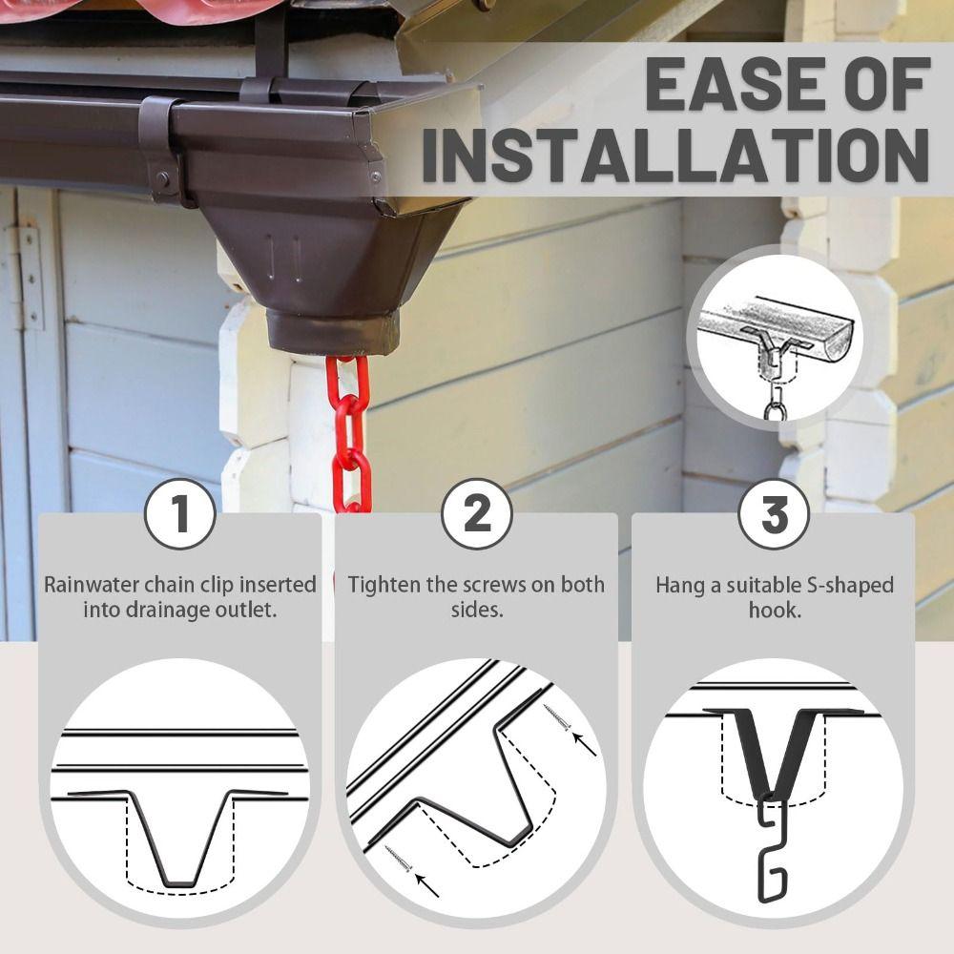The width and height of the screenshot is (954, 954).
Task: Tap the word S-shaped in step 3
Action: (848, 584)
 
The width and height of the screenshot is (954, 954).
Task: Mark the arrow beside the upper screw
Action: (583, 742)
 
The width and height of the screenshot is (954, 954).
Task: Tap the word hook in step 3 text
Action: (774, 609)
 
